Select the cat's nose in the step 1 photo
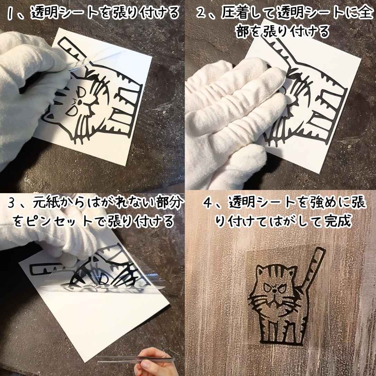coord(79,103)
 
